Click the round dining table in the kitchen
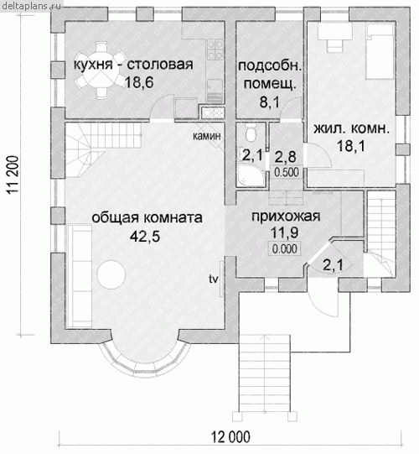pos(101,69)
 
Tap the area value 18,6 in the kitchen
pos(139,83)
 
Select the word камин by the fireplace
pos(206,136)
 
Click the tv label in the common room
pos(214,279)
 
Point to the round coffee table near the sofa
pos(111,274)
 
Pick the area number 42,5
pos(145,237)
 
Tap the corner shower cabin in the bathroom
pos(251,175)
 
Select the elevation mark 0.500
pos(287,172)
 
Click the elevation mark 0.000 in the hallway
pos(285,248)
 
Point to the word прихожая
pos(286,217)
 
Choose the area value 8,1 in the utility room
pos(270,102)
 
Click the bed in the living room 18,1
pos(380,51)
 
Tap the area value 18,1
pos(351,146)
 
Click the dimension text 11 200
pos(13,175)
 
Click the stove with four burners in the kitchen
pos(215,50)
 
